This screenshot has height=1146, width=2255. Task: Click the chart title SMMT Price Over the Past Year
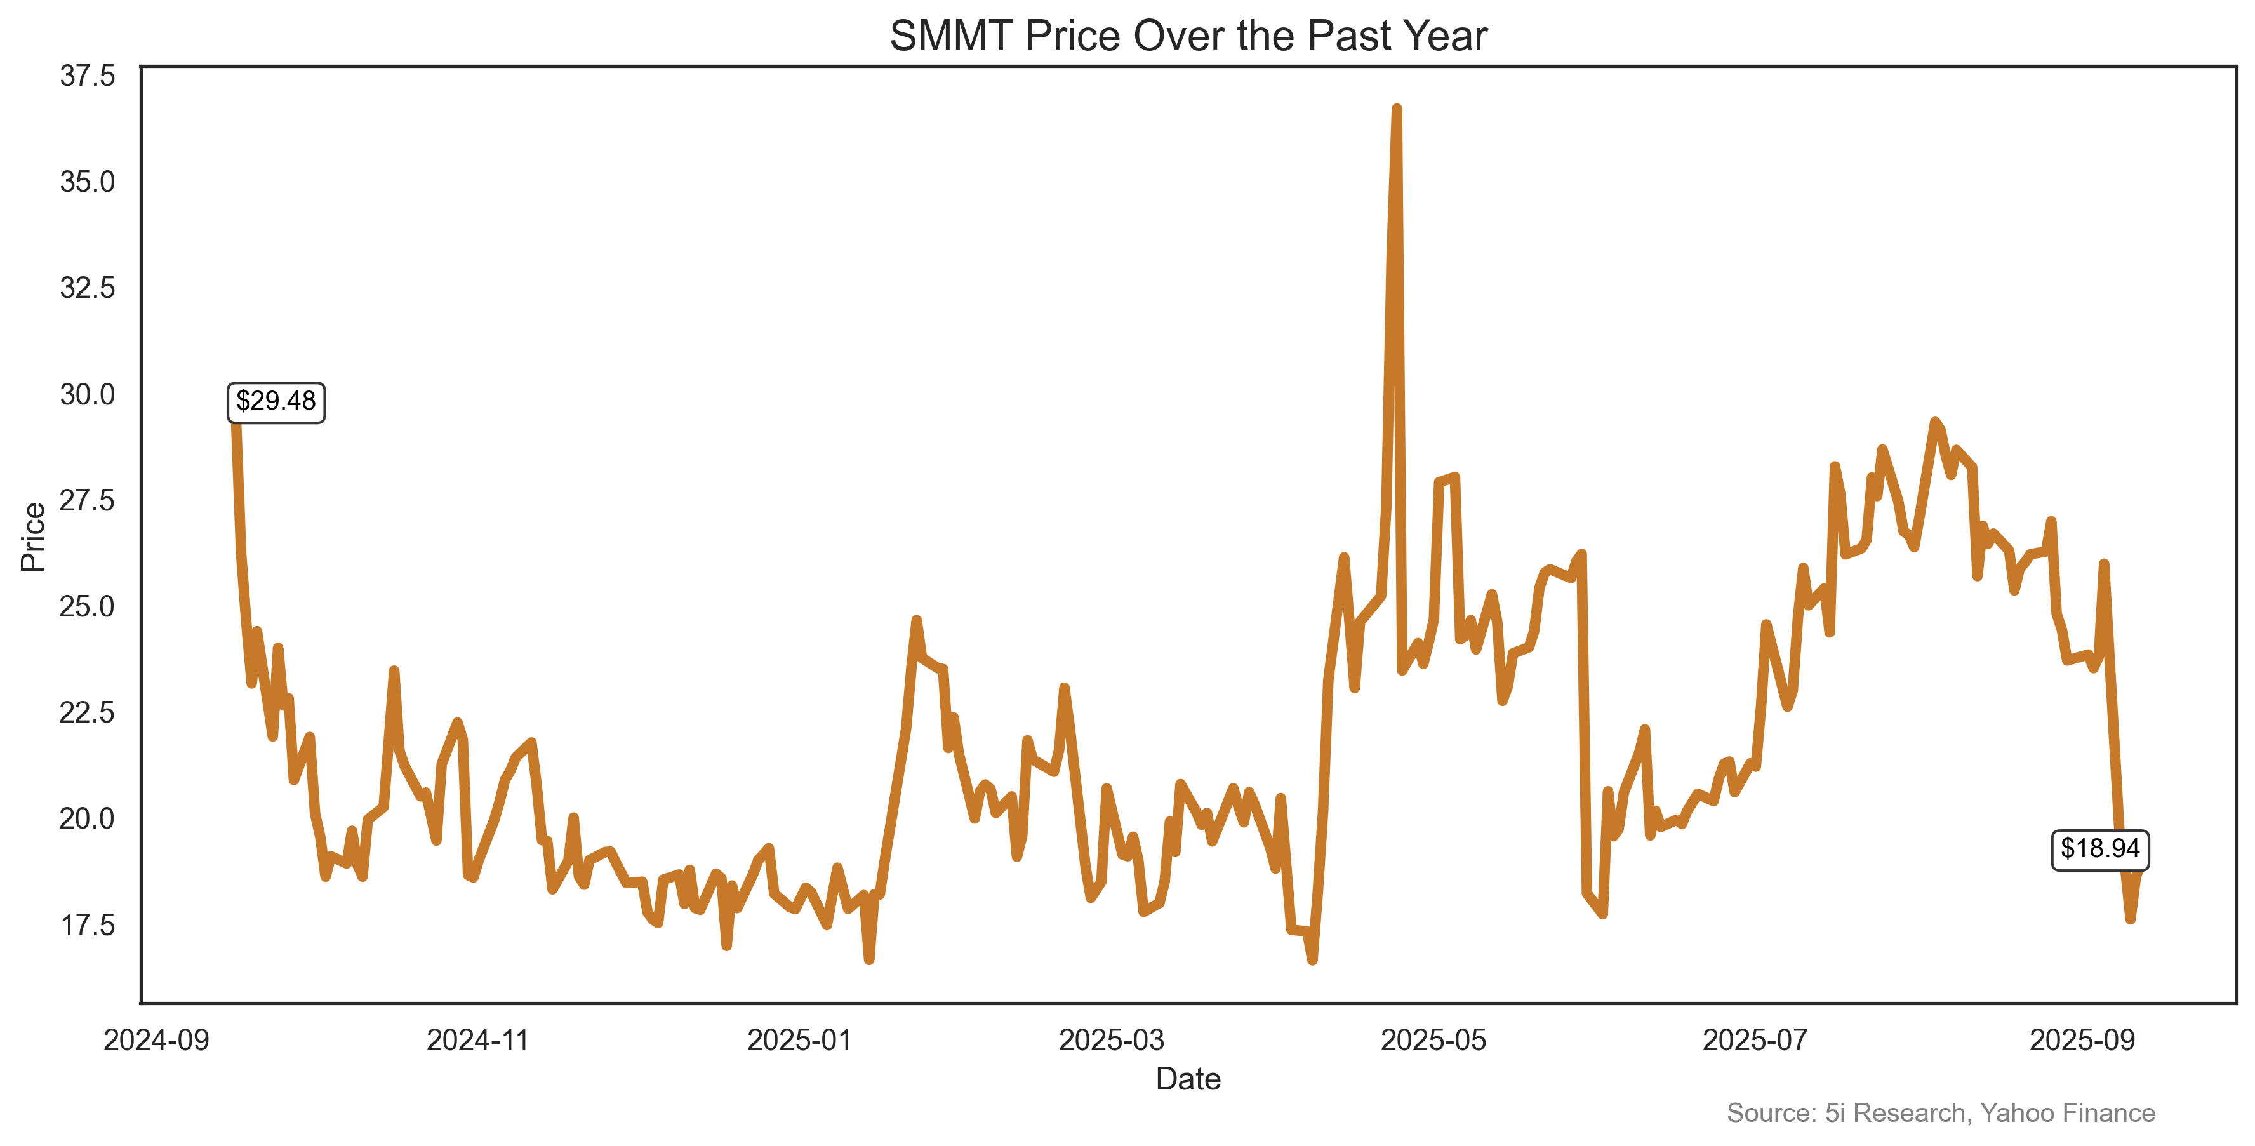[1188, 37]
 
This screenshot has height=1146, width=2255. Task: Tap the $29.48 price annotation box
[276, 402]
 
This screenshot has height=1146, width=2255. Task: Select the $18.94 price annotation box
[2099, 850]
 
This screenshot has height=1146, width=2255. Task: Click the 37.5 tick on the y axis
[88, 76]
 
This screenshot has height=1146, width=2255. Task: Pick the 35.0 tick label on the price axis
[88, 182]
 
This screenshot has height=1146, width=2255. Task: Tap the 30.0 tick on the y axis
[88, 395]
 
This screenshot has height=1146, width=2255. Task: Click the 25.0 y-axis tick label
[88, 607]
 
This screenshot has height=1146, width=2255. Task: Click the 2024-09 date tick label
[157, 1041]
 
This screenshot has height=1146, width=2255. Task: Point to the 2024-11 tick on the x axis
[478, 1041]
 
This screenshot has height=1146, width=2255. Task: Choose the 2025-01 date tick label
[799, 1041]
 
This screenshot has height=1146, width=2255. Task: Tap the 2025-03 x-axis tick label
[1112, 1041]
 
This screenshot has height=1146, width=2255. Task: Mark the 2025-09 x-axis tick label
[2082, 1041]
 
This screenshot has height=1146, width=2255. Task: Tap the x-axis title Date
[1188, 1079]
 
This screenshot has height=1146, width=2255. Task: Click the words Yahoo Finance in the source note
[2068, 1114]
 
